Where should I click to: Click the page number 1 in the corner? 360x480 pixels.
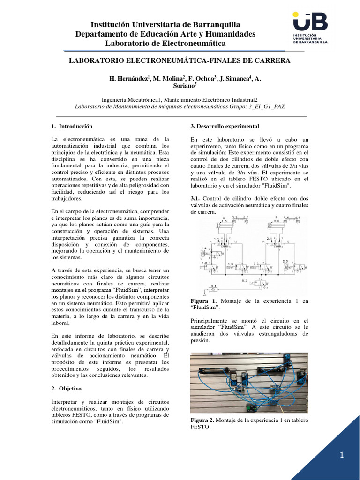click(x=342, y=455)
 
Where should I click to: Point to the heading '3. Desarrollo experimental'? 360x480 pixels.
click(x=225, y=126)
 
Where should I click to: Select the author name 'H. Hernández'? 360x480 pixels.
click(x=129, y=79)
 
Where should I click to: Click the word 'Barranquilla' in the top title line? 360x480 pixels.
click(x=212, y=24)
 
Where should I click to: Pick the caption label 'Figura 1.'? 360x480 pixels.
click(x=204, y=300)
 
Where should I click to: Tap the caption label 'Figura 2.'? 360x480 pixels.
click(x=204, y=420)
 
